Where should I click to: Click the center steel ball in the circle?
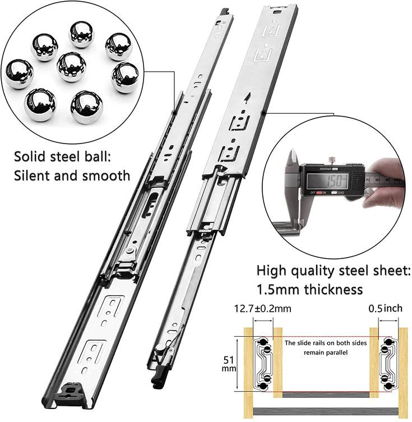72,67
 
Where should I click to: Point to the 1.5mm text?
278,289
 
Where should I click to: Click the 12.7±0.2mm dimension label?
263,309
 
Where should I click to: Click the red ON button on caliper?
320,193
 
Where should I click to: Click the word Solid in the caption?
31,156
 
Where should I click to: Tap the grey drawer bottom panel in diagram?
324,395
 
